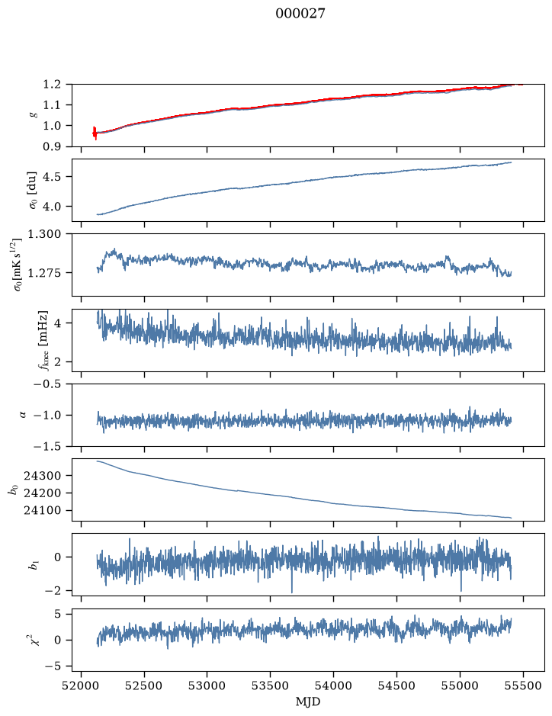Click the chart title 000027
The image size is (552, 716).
[x=300, y=14]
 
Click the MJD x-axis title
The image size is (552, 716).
[x=308, y=702]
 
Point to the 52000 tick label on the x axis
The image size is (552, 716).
[x=82, y=685]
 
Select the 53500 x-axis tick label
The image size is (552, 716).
[x=271, y=685]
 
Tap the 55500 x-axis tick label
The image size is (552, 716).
[x=523, y=685]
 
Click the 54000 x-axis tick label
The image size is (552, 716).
[x=334, y=685]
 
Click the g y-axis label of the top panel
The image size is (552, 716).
[x=33, y=116]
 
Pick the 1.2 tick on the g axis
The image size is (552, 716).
[x=52, y=85]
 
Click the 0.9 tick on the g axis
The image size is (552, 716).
[x=52, y=146]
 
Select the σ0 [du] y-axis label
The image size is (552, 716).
[x=33, y=190]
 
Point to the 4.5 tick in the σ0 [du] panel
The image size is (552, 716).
[x=53, y=177]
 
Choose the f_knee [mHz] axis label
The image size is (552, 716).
[x=43, y=340]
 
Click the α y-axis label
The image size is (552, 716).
[x=23, y=415]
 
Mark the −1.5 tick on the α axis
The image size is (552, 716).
[x=47, y=446]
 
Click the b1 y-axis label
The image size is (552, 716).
[x=34, y=565]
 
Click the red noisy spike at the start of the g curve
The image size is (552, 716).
[x=95, y=133]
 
